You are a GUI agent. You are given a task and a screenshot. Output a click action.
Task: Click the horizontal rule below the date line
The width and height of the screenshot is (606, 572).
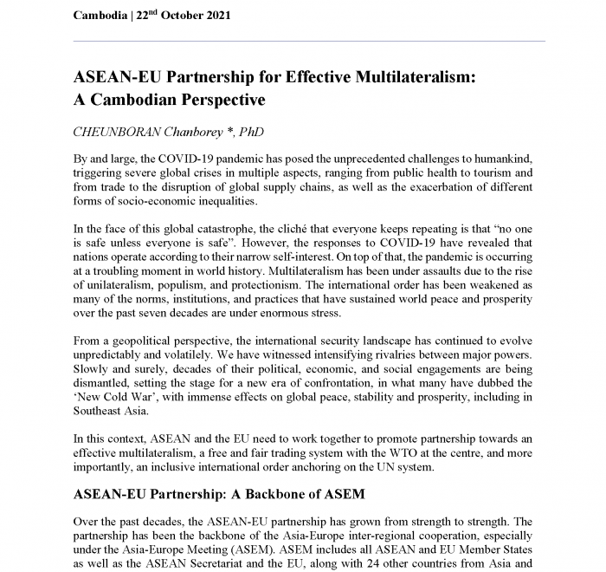click(308, 41)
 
